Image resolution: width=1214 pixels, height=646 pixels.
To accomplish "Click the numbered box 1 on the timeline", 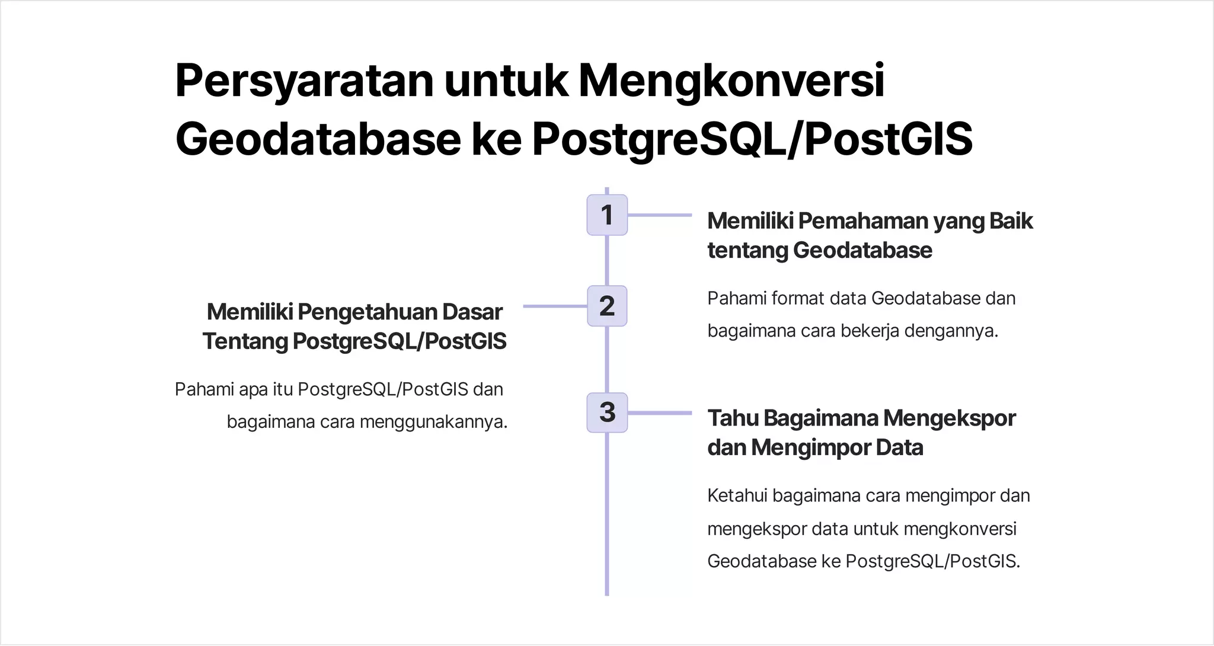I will click(606, 215).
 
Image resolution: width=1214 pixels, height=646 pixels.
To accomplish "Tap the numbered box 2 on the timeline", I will click(606, 306).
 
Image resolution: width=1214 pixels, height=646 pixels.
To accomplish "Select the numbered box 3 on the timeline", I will click(606, 412).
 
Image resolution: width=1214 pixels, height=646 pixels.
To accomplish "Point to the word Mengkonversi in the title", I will click(731, 81).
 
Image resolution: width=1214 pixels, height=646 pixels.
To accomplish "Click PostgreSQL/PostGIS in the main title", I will click(752, 140).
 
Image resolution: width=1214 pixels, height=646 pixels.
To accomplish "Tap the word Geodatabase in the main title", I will click(318, 140).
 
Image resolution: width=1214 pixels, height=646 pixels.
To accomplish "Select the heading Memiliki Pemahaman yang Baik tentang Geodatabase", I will click(870, 235).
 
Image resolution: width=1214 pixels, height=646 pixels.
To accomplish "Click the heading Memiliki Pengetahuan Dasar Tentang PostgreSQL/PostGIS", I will click(354, 326).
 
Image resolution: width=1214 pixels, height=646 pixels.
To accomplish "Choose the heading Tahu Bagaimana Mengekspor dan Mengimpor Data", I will click(861, 433).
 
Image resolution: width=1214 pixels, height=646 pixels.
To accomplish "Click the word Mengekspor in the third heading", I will click(949, 418).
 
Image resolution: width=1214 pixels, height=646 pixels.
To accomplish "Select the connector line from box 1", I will click(659, 215).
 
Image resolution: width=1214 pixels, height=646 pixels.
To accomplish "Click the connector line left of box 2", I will click(555, 306).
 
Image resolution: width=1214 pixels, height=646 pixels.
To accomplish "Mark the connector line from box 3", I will click(659, 413).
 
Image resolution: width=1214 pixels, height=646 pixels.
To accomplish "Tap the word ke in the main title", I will click(496, 140).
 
